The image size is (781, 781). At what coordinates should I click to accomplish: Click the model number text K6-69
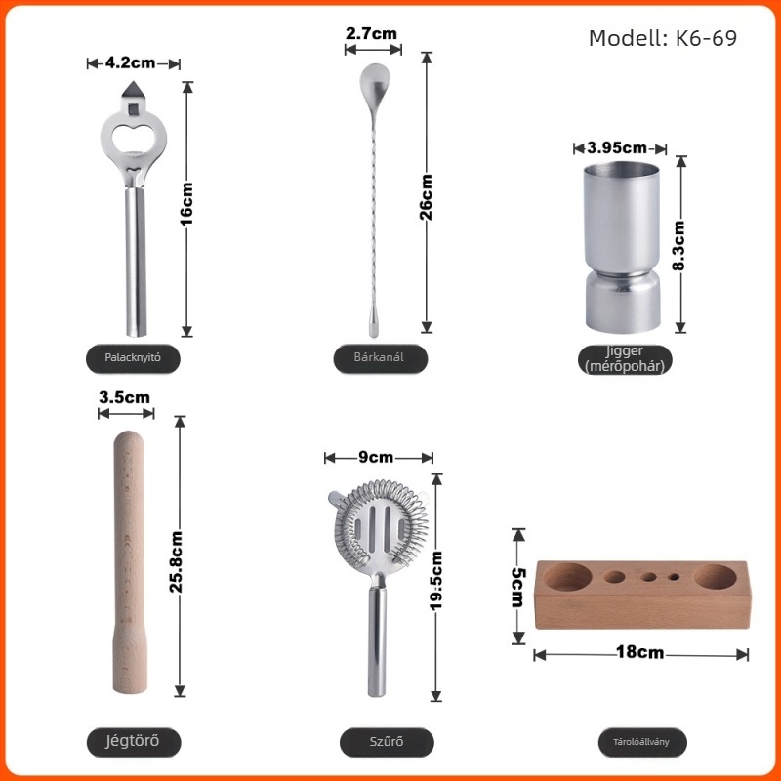pos(706,38)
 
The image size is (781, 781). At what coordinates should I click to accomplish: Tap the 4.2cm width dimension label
pos(130,62)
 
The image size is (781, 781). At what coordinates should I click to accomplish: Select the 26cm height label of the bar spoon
pos(426,197)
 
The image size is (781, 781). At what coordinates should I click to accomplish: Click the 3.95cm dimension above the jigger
pos(617,147)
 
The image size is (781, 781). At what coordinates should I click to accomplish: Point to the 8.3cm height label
pos(678,246)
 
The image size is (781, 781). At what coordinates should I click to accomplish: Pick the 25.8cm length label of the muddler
pos(176,561)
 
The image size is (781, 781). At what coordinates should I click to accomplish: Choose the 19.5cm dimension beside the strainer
pos(435,581)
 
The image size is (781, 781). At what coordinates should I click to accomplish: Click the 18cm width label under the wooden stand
pos(640,652)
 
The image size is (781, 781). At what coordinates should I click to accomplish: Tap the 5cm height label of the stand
pos(518,588)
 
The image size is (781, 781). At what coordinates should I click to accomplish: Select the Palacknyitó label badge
pos(133,358)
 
